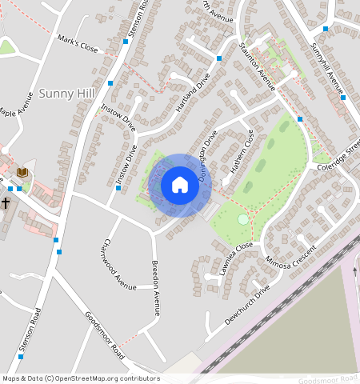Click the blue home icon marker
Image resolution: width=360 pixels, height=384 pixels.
point(180,186)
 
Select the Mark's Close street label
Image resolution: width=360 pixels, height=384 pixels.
point(78,46)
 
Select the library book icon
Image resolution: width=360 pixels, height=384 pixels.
point(22,172)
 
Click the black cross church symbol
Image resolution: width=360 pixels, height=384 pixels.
point(6,202)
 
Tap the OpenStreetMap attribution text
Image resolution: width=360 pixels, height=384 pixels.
point(80,378)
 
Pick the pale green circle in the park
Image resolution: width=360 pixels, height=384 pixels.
point(243,219)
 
